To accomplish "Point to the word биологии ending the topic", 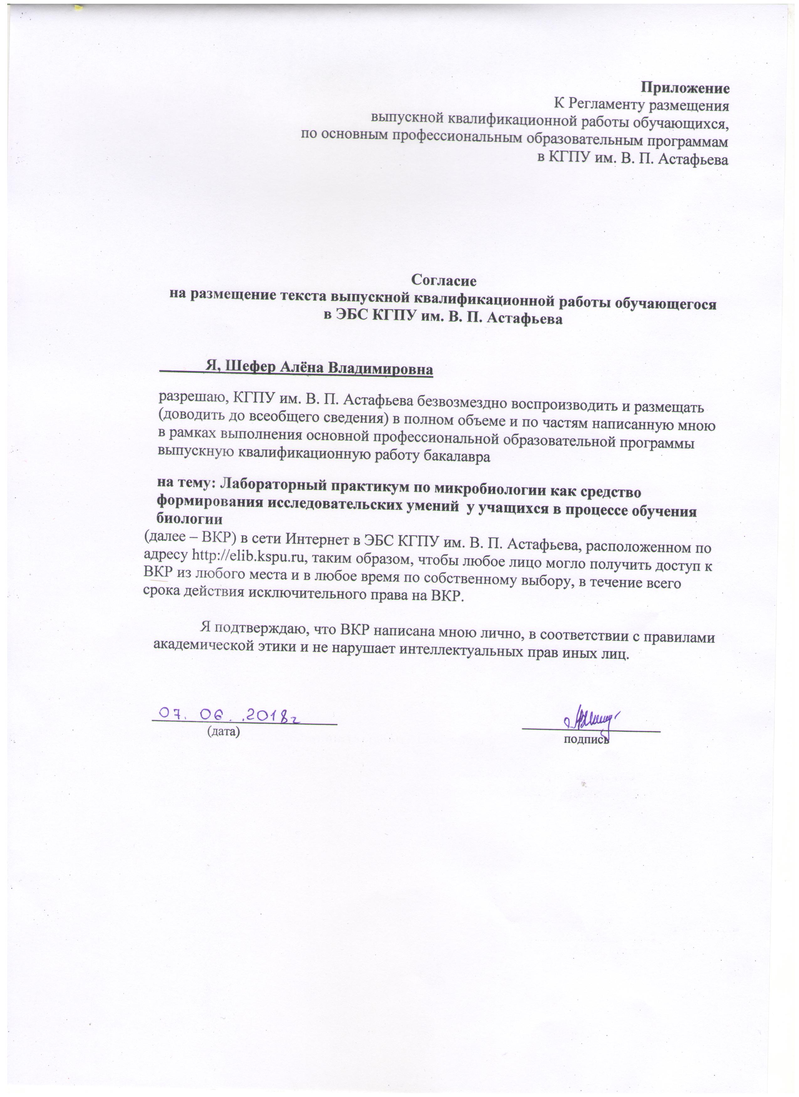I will click(x=190, y=520).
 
